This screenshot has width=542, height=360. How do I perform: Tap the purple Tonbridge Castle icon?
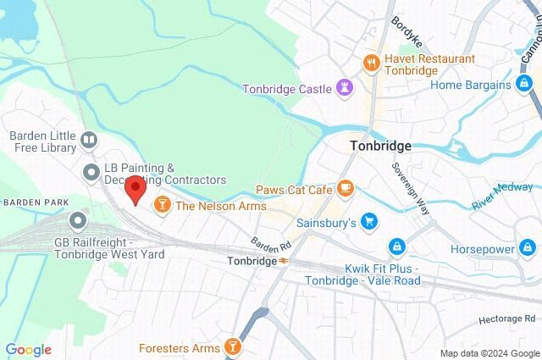345,87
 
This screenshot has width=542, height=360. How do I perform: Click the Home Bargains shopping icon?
526,84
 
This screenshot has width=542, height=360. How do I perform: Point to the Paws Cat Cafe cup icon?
345,188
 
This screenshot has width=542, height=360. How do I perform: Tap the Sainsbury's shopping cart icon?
368,223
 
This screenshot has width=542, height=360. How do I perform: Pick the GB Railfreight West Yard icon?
79,222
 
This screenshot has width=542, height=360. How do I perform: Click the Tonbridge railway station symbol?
285,261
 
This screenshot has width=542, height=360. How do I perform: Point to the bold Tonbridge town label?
380,146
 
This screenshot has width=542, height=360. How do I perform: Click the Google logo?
28,350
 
